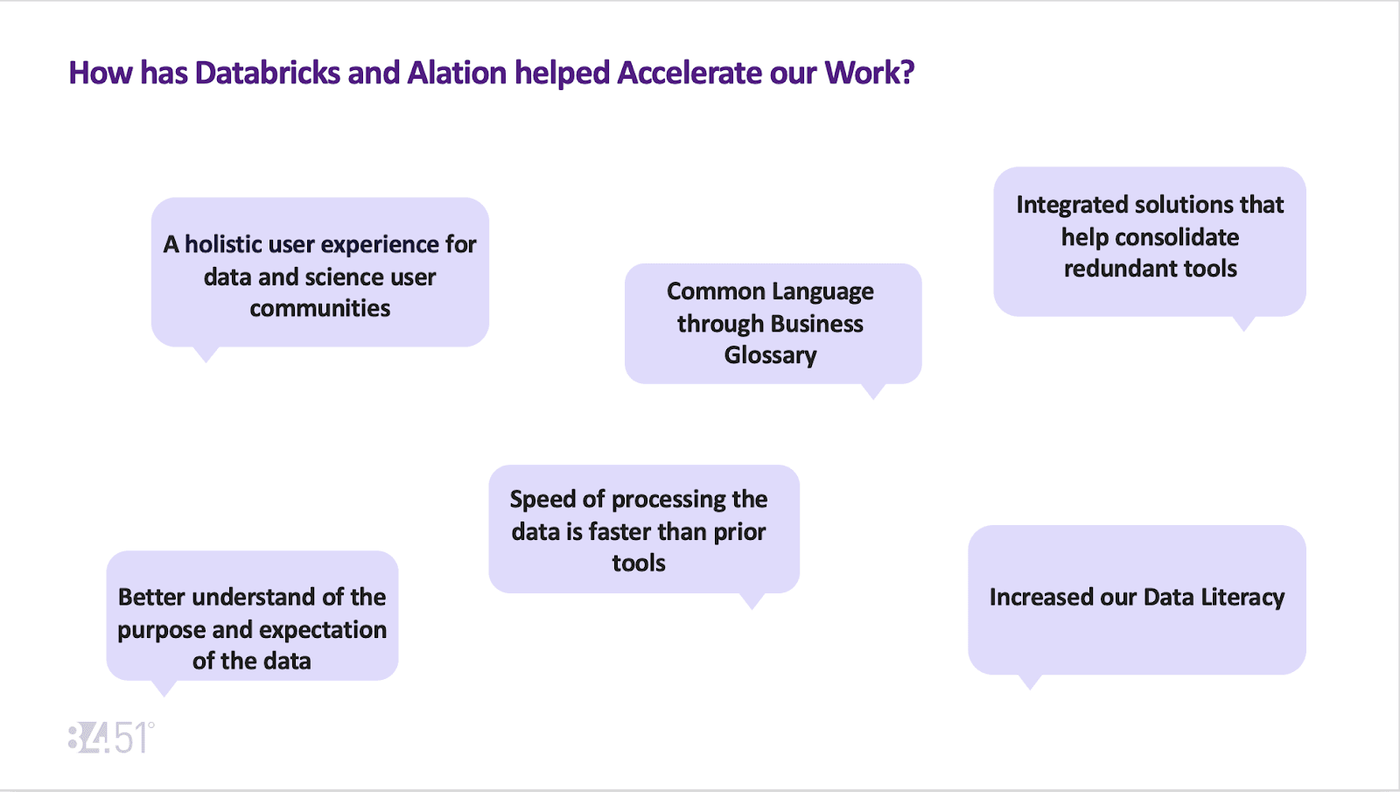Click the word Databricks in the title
pos(267,73)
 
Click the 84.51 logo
pos(111,738)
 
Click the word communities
pos(319,308)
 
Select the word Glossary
pos(770,355)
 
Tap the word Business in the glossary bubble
pos(816,324)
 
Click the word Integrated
pos(1073,205)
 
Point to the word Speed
pos(542,499)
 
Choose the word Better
pos(151,597)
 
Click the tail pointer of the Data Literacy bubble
pos(1031,682)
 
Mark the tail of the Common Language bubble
pos(873,391)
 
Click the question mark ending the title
pos(906,73)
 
